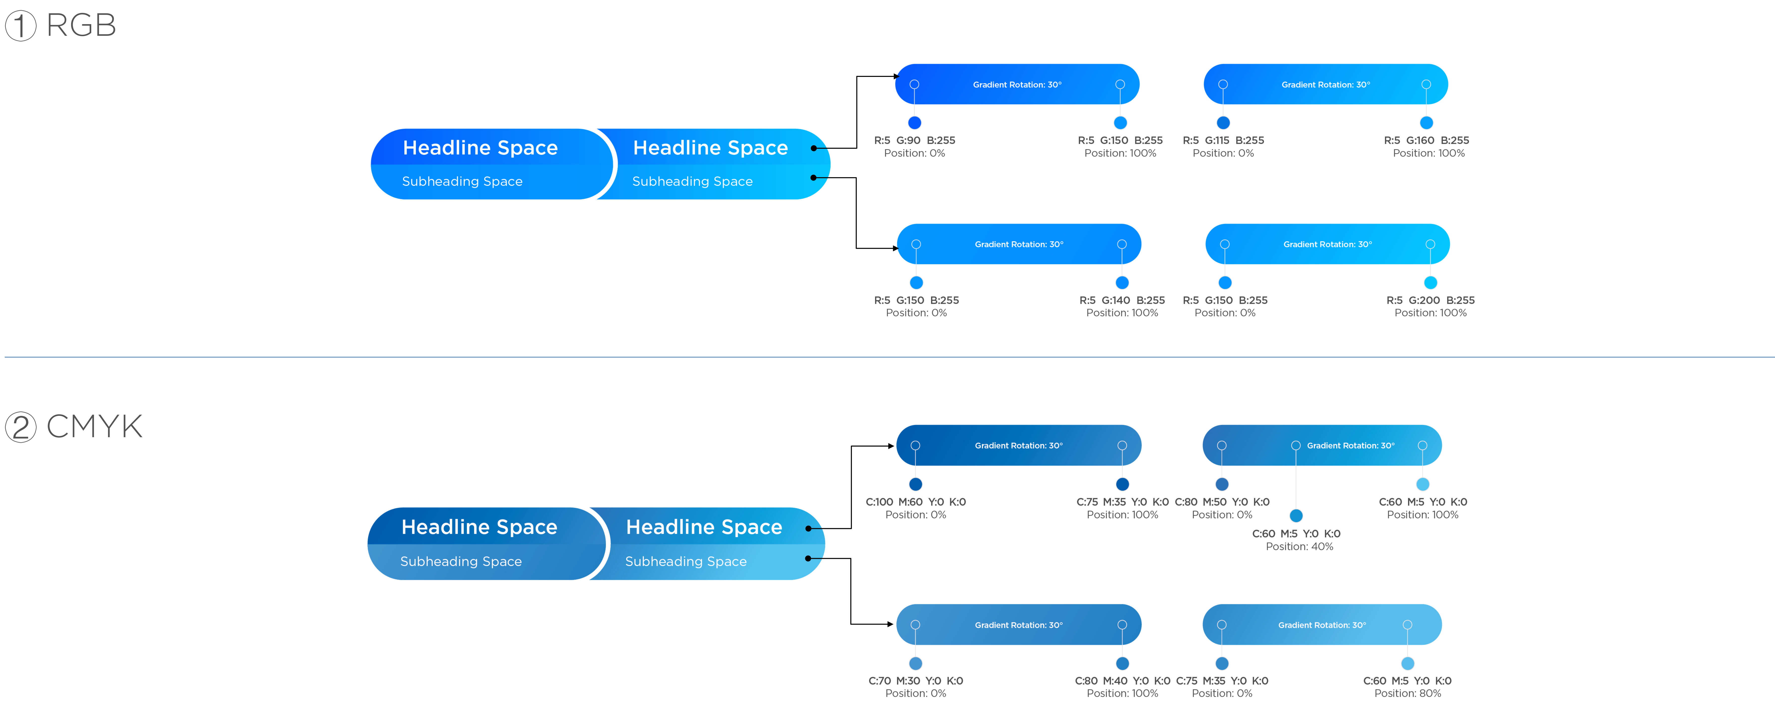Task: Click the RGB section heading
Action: click(x=81, y=25)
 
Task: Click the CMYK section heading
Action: click(x=94, y=426)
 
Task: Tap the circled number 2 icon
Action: click(x=21, y=427)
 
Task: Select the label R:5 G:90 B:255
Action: click(x=914, y=140)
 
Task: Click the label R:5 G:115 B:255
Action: click(x=1223, y=140)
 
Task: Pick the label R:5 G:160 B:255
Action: click(x=1426, y=140)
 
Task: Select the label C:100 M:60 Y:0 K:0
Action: click(x=916, y=502)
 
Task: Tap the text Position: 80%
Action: click(x=1408, y=693)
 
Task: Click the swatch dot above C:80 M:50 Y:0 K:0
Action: click(x=1222, y=484)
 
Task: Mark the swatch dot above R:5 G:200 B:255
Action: click(x=1430, y=282)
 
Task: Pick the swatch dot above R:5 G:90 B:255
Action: click(x=914, y=123)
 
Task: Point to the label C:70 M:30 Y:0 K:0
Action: click(x=916, y=681)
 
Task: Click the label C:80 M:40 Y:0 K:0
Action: click(x=1122, y=681)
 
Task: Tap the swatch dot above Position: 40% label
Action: click(x=1296, y=515)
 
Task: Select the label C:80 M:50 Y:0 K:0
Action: click(x=1222, y=502)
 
